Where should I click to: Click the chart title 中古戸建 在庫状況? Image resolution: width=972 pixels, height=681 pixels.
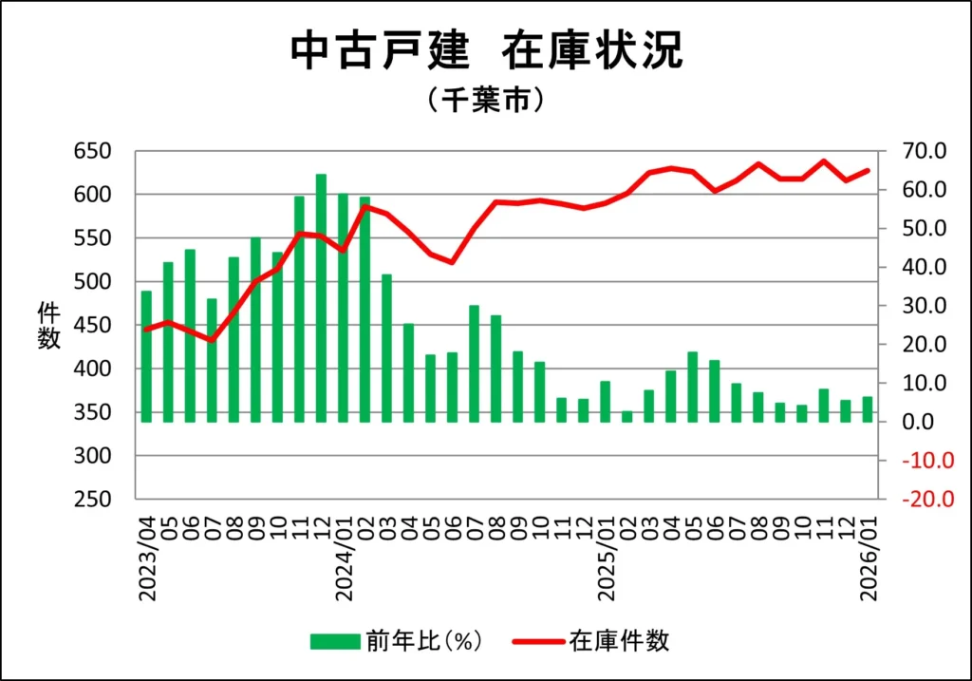[485, 51]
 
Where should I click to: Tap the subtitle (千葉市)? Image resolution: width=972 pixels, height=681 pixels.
[485, 100]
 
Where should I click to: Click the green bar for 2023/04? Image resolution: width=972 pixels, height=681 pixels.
[146, 356]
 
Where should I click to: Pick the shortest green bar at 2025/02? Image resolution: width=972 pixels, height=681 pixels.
[626, 416]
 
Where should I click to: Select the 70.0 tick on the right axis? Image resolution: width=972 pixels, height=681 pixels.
[925, 151]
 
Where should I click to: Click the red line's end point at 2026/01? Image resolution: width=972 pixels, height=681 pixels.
[868, 171]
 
